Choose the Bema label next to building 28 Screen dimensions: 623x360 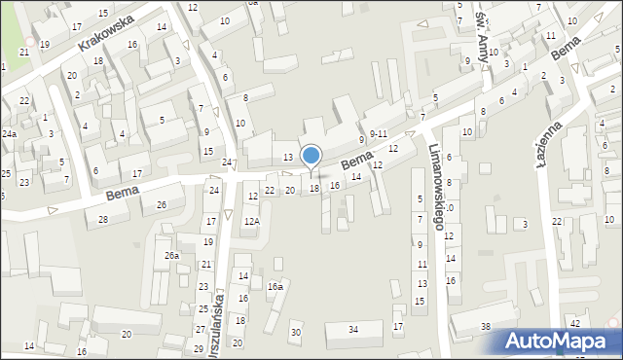122,196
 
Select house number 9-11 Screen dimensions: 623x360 379,133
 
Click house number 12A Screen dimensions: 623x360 251,222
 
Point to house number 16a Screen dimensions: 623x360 275,287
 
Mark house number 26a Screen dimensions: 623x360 171,255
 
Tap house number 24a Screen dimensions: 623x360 9,133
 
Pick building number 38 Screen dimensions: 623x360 485,326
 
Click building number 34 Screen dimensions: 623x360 353,330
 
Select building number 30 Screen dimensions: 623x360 296,333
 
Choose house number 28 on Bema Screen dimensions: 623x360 102,220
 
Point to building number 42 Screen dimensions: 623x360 575,323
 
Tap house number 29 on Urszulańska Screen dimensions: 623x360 199,348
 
